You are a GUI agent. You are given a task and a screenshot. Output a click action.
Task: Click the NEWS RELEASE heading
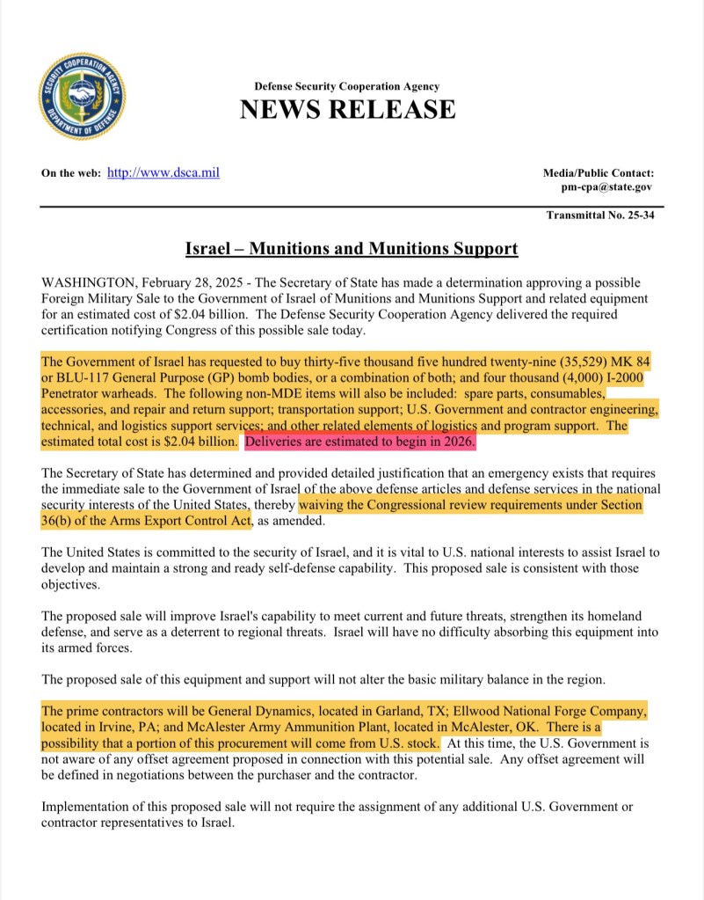(x=347, y=110)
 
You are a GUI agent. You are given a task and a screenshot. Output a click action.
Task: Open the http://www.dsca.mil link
(x=163, y=172)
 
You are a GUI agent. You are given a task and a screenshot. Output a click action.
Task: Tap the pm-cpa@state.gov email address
(x=607, y=187)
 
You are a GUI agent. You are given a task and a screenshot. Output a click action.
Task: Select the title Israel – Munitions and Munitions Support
(x=352, y=249)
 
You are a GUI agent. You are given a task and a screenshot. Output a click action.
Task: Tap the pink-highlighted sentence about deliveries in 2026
(x=360, y=442)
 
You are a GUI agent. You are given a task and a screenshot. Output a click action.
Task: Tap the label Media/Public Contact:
(x=599, y=173)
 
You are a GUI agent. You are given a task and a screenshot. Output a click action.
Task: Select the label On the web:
(x=71, y=173)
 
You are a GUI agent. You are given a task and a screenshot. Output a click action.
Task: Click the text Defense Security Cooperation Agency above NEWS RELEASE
(x=347, y=86)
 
